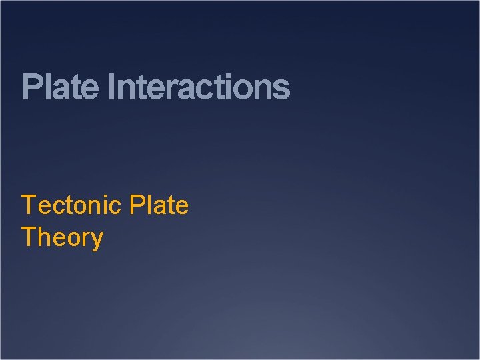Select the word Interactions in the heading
pyautogui.click(x=198, y=87)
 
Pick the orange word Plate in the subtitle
pyautogui.click(x=159, y=205)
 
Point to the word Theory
pyautogui.click(x=62, y=237)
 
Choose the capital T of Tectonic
pyautogui.click(x=29, y=205)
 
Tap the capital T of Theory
pyautogui.click(x=29, y=237)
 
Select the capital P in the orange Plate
pyautogui.click(x=138, y=205)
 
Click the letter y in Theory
pyautogui.click(x=97, y=240)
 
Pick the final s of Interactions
pyautogui.click(x=282, y=89)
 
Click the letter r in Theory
pyautogui.click(x=85, y=239)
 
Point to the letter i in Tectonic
pyautogui.click(x=106, y=205)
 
